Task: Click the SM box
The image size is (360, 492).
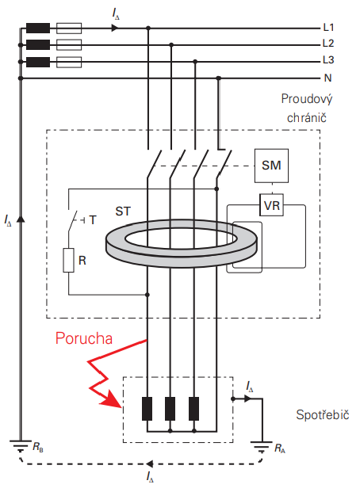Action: pos(271,166)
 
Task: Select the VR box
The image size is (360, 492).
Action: pos(272,205)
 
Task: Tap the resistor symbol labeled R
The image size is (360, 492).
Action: pos(68,260)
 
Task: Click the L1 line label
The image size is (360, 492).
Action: pos(328,28)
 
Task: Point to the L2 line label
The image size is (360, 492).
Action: pos(328,44)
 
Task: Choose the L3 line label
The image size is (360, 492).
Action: pos(328,59)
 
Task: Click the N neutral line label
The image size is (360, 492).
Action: pos(328,78)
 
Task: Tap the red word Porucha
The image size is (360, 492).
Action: pos(84,338)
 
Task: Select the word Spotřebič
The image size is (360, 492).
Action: pos(323,415)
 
